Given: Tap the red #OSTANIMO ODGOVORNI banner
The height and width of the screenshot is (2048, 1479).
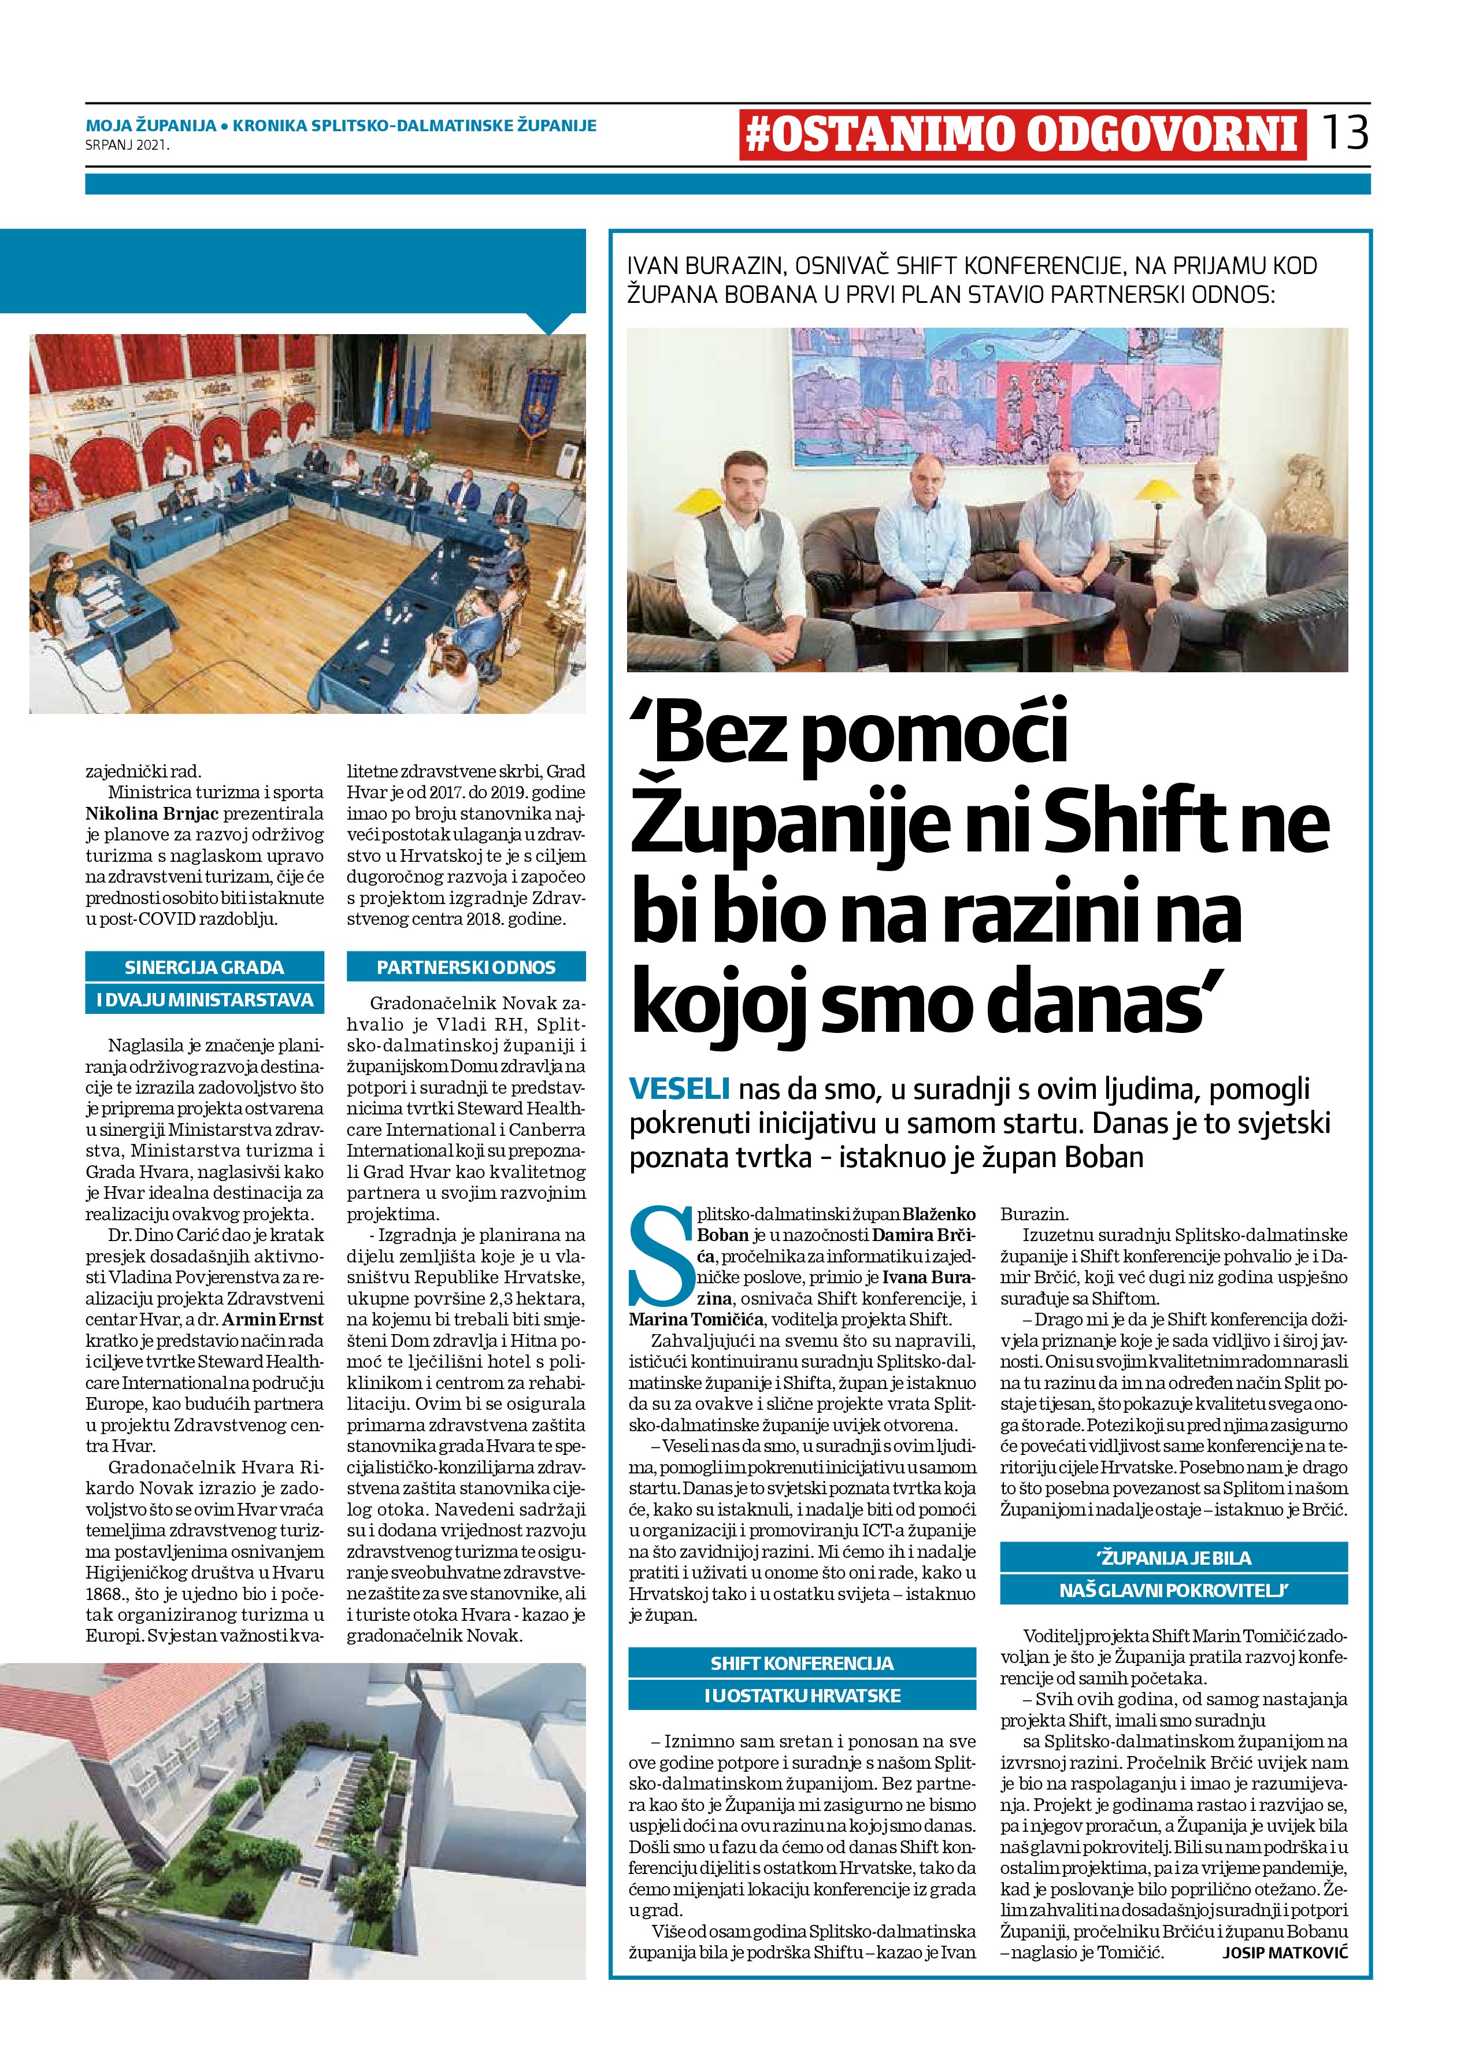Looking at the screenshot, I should tap(1022, 135).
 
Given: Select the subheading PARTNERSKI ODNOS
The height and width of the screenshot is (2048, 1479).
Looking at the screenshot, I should tap(466, 967).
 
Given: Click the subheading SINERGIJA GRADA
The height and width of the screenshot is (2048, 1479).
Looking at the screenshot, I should tap(204, 967).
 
